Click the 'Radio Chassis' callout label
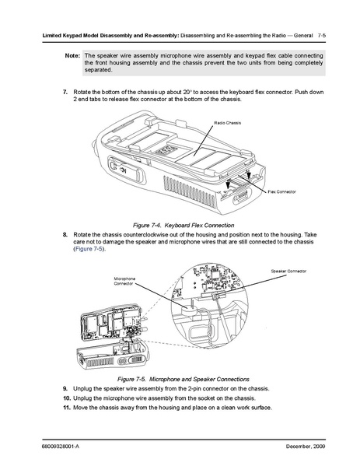pyautogui.click(x=228, y=123)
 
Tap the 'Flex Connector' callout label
pyautogui.click(x=281, y=191)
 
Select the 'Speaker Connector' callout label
pyautogui.click(x=288, y=271)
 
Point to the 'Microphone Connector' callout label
pyautogui.click(x=124, y=281)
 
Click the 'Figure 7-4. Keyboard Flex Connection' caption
pyautogui.click(x=183, y=226)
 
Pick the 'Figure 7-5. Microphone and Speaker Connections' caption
pyautogui.click(x=183, y=379)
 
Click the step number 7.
pyautogui.click(x=65, y=92)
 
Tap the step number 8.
pyautogui.click(x=65, y=235)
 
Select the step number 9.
pyautogui.click(x=65, y=389)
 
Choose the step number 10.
pyautogui.click(x=67, y=398)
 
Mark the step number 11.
pyautogui.click(x=67, y=408)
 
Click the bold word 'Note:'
pyautogui.click(x=72, y=55)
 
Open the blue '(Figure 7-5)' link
pyautogui.click(x=89, y=249)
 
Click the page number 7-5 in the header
pyautogui.click(x=322, y=36)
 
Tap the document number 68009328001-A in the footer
pyautogui.click(x=61, y=447)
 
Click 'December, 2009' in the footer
pyautogui.click(x=306, y=447)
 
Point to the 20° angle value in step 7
pyautogui.click(x=187, y=92)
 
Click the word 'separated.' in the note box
pyautogui.click(x=98, y=70)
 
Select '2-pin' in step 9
pyautogui.click(x=194, y=389)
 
